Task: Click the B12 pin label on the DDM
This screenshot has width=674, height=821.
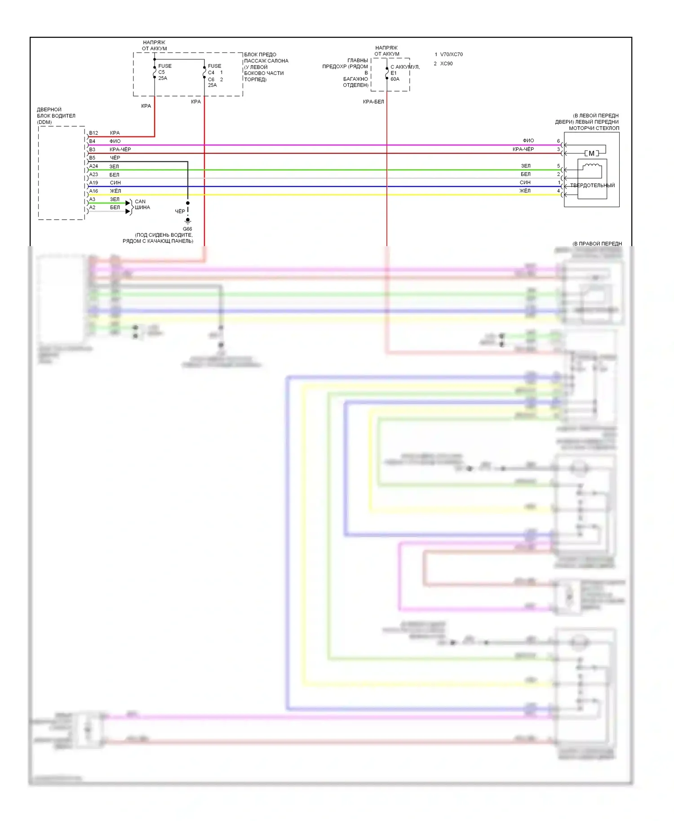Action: click(x=93, y=133)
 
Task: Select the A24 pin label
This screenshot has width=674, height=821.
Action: click(x=93, y=166)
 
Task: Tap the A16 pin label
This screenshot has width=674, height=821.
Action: click(x=93, y=191)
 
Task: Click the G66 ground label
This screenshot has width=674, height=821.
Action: click(x=187, y=229)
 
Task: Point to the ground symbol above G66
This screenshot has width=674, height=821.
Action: click(x=188, y=221)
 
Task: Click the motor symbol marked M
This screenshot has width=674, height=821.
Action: click(x=592, y=154)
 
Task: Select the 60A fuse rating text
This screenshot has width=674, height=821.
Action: click(x=395, y=79)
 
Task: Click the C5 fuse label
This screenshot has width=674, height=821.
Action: click(x=161, y=72)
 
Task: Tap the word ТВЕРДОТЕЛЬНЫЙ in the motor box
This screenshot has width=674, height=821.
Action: click(x=592, y=185)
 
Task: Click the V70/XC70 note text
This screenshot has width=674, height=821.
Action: click(x=451, y=54)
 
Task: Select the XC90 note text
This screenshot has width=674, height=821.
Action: click(x=446, y=64)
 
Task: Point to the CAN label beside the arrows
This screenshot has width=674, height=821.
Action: click(x=140, y=202)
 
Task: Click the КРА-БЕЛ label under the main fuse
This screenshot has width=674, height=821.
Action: click(x=373, y=102)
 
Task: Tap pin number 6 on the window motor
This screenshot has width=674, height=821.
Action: click(x=559, y=141)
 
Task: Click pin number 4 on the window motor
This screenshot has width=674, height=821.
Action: click(x=559, y=191)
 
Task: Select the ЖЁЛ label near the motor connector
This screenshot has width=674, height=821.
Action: click(x=525, y=191)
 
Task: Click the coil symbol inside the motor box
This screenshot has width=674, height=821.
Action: click(x=592, y=168)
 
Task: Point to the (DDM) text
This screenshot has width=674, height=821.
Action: click(x=44, y=122)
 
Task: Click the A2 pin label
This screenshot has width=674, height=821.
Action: click(x=92, y=207)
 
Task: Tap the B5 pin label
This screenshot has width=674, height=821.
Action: click(x=92, y=158)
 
